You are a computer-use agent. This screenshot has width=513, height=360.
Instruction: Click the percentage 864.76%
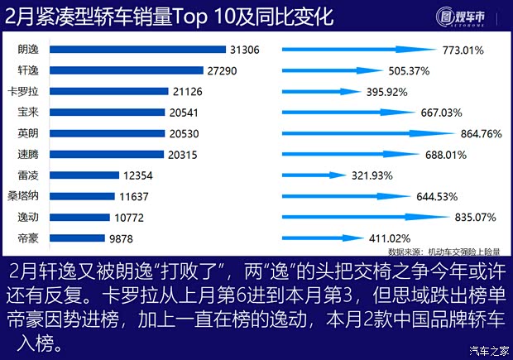(x=480, y=133)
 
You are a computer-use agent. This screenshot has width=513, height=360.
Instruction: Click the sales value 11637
(x=136, y=196)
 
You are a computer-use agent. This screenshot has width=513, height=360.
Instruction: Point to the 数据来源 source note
(x=443, y=252)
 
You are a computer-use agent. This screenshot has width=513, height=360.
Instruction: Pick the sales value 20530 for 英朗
(x=181, y=133)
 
